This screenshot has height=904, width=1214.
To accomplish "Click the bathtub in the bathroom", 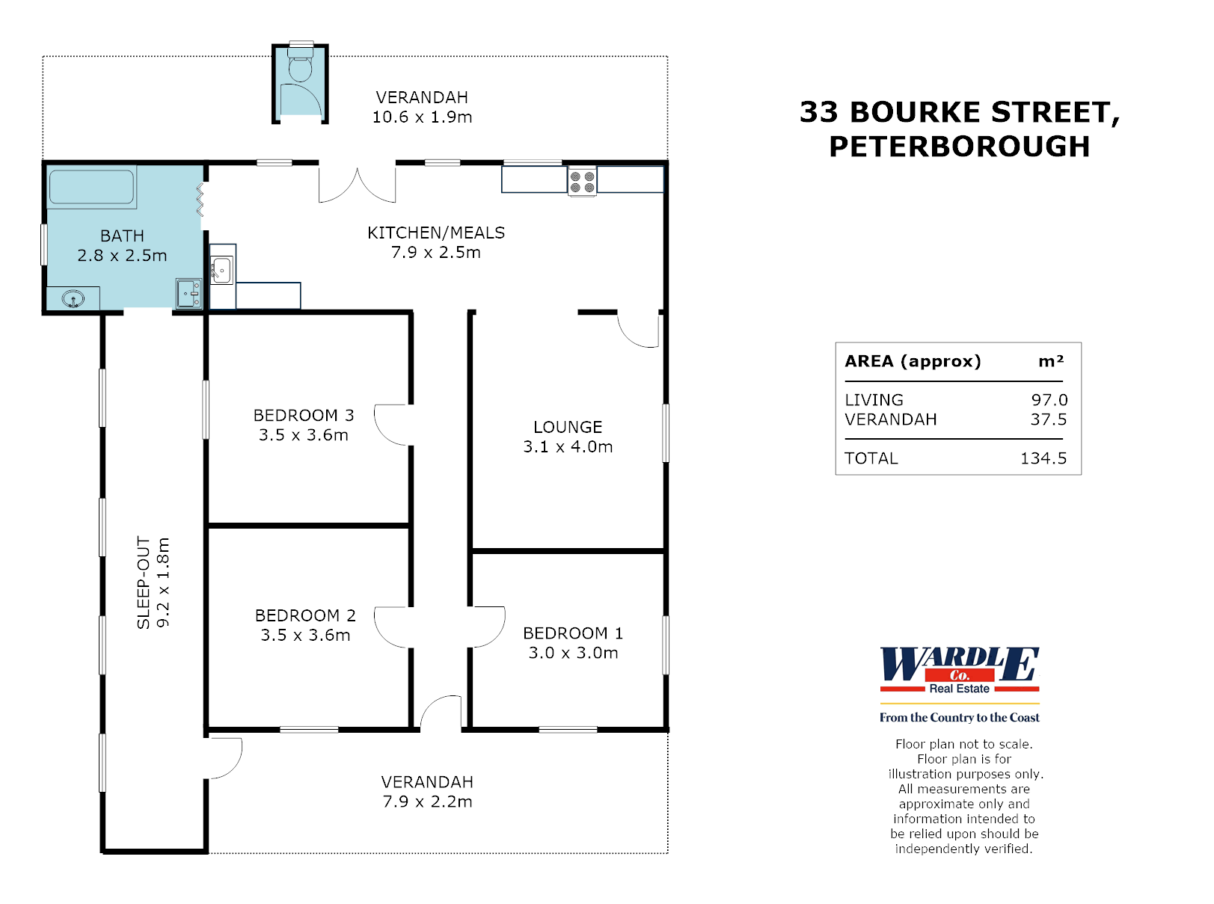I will [x=91, y=186].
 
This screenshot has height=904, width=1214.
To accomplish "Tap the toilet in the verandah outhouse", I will [x=300, y=67].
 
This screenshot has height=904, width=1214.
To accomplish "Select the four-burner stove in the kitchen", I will [x=582, y=182].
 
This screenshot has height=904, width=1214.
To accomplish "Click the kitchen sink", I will [x=221, y=270].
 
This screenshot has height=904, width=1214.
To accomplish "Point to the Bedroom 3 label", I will [x=304, y=415].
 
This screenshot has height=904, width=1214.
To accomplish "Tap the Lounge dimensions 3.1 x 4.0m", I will [x=568, y=447].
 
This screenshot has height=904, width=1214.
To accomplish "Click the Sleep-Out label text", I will [x=144, y=582].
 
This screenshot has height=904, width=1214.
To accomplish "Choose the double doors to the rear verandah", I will [x=358, y=185].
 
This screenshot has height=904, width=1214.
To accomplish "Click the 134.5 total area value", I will [x=1043, y=458].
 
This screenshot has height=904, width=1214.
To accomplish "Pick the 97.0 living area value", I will [x=1049, y=400].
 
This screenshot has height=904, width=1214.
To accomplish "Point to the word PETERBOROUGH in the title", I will [x=959, y=147].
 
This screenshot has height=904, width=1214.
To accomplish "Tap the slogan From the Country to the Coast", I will [x=959, y=718].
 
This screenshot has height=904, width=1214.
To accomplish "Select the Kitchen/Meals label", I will [x=436, y=233].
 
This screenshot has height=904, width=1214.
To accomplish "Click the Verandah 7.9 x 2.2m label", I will [x=427, y=792].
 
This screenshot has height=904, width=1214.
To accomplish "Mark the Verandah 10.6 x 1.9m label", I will [x=422, y=107].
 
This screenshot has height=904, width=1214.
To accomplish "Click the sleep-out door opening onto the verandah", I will [x=224, y=757].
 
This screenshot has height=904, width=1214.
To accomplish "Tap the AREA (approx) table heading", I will [x=913, y=361].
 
